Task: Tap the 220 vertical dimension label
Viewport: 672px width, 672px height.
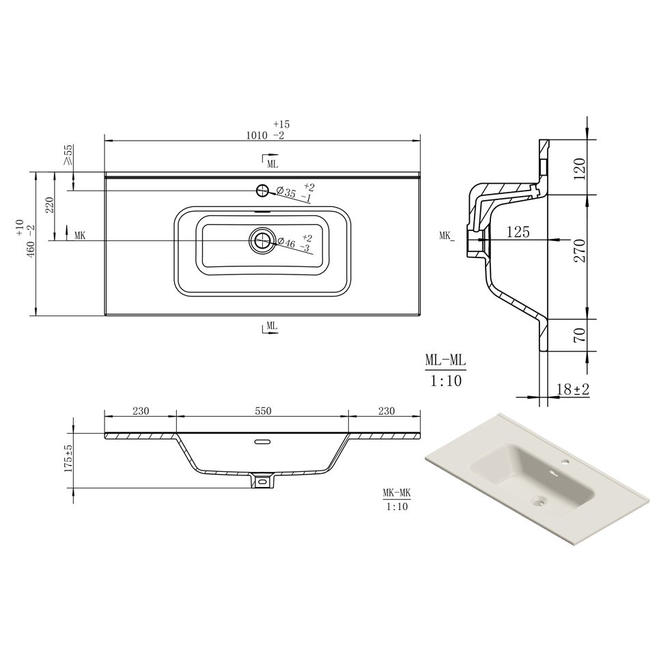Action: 48,206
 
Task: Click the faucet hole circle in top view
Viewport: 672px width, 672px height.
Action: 262,191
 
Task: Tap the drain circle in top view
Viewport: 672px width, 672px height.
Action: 261,240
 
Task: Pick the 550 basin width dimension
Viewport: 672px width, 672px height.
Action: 263,411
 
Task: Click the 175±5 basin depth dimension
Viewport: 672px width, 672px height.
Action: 68,459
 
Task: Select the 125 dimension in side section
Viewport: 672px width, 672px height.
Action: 518,233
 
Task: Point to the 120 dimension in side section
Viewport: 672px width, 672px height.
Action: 580,166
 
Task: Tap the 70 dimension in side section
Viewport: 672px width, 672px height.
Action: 580,335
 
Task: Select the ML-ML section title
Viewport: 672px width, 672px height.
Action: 445,360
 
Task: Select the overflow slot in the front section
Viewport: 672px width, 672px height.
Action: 262,442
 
